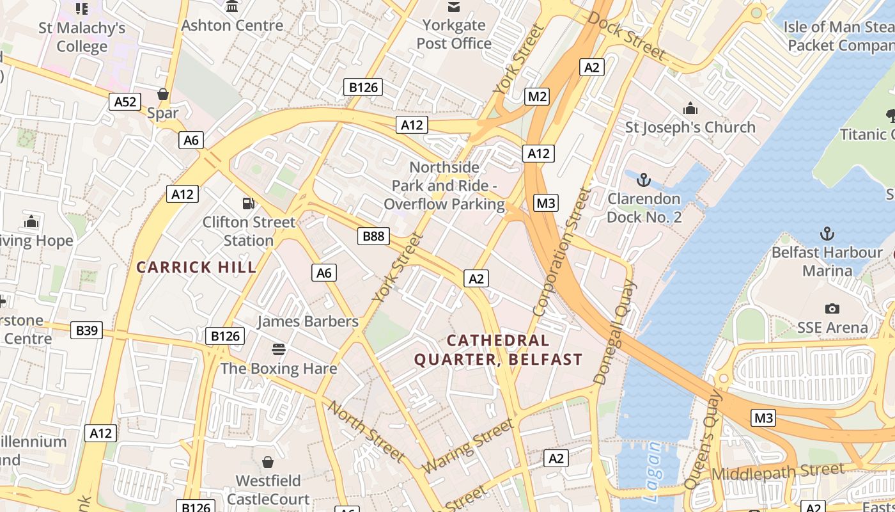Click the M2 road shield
tap(537, 97)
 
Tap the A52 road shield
tap(125, 101)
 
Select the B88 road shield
tap(373, 236)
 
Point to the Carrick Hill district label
tap(196, 267)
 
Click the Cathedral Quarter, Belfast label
tap(498, 350)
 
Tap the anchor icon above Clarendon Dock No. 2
tap(643, 179)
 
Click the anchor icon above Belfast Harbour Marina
tap(827, 233)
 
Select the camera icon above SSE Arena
tap(832, 308)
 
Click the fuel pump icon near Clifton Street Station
tap(248, 204)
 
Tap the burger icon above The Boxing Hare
tap(278, 349)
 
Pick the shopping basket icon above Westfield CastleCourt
tap(268, 461)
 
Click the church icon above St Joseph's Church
tap(690, 108)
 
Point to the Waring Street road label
tap(468, 446)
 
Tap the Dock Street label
tap(626, 36)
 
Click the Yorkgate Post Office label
tap(454, 35)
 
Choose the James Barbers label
tap(307, 321)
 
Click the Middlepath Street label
tap(777, 472)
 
